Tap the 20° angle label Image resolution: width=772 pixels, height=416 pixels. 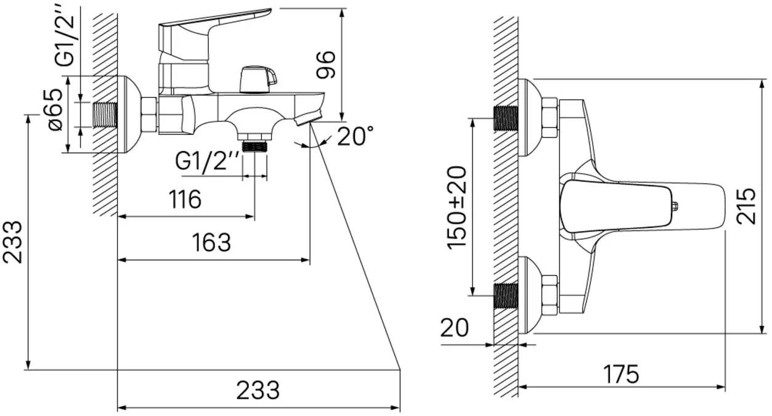pos(356,136)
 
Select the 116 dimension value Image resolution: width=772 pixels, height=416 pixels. pos(185,199)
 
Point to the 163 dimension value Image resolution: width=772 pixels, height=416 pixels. pos(211,242)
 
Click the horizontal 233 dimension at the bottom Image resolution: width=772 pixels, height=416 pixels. pos(258,391)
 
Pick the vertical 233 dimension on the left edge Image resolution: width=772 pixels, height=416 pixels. pos(12,242)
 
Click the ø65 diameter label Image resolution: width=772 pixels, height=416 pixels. pos(56,110)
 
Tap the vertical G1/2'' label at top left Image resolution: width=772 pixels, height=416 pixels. pos(65,37)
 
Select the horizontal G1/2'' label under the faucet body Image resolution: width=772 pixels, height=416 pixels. pos(207,161)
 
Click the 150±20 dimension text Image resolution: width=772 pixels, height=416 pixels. pos(457,207)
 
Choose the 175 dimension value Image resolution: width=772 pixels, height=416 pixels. pos(621,375)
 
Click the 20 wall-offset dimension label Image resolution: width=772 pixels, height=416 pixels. pos(455,328)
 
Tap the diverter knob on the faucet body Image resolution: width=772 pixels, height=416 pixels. pos(258,80)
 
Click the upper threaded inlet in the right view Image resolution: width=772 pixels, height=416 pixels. pos(506,118)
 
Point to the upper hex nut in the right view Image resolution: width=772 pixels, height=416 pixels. pos(550,118)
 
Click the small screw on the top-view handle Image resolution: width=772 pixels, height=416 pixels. pos(675,206)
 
